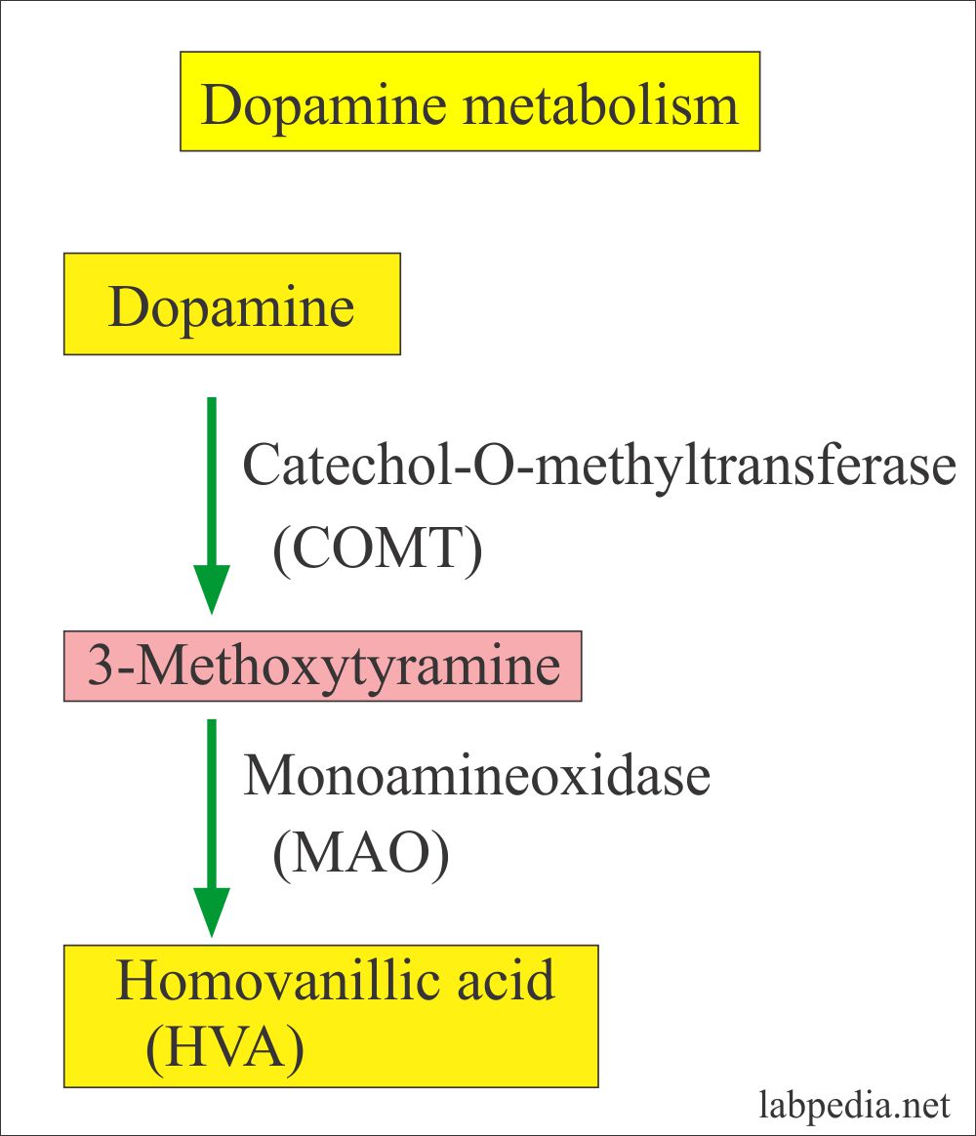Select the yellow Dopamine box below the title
tap(232, 304)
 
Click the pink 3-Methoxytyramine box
tap(323, 667)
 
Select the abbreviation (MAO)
tap(360, 856)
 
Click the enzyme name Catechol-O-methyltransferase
tap(598, 467)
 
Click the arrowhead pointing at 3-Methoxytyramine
tap(212, 589)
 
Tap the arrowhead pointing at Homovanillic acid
tap(212, 912)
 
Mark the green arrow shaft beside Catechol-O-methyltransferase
tap(212, 478)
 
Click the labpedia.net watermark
tap(854, 1106)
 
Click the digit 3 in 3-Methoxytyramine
tap(100, 668)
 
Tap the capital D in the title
tap(221, 104)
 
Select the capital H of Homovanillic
tap(136, 981)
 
